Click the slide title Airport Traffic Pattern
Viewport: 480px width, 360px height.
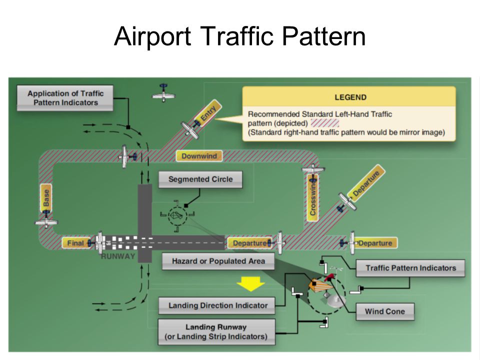pyautogui.click(x=239, y=36)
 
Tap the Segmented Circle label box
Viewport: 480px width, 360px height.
pyautogui.click(x=200, y=179)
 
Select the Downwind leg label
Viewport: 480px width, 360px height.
pyautogui.click(x=199, y=156)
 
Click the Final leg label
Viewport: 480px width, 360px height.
pyautogui.click(x=75, y=243)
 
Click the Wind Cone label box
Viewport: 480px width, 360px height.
pyautogui.click(x=384, y=311)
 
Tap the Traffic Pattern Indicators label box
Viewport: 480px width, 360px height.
pyautogui.click(x=410, y=268)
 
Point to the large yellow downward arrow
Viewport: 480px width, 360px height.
pyautogui.click(x=250, y=283)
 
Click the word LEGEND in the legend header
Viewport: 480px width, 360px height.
pyautogui.click(x=350, y=97)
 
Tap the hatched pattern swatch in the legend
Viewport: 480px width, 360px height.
pyautogui.click(x=324, y=122)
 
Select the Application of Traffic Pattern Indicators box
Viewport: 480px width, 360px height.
pyautogui.click(x=65, y=98)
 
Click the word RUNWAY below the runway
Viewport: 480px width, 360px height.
pyautogui.click(x=118, y=256)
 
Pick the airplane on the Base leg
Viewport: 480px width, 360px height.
pyautogui.click(x=46, y=222)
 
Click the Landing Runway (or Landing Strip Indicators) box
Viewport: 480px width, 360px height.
pyautogui.click(x=216, y=331)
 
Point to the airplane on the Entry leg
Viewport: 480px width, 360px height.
pyautogui.click(x=190, y=129)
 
